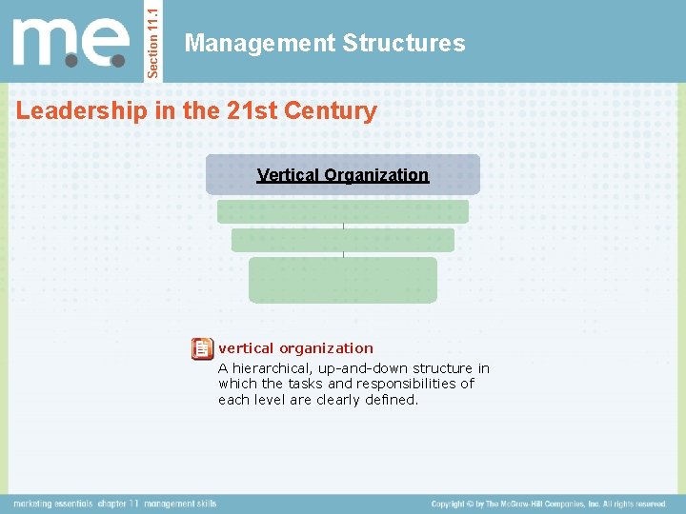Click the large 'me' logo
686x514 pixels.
[71, 43]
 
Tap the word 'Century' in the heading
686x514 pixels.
[333, 110]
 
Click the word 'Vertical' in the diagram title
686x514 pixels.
[288, 175]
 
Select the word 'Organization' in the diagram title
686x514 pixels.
[376, 175]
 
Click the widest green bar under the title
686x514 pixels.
[343, 211]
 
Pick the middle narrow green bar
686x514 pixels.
[343, 240]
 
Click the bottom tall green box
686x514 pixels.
[343, 280]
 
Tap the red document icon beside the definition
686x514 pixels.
[202, 348]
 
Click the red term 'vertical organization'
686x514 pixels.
[295, 348]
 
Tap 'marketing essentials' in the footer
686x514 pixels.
[52, 504]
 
